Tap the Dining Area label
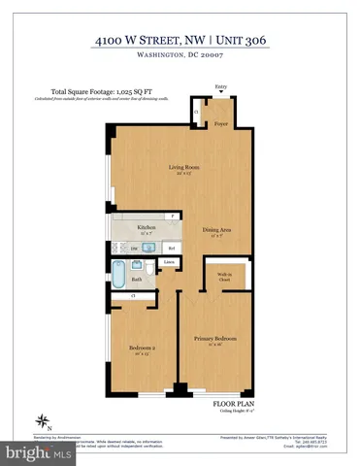click(216, 230)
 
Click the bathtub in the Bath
click(118, 276)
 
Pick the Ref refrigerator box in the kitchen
click(170, 248)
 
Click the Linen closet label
click(169, 263)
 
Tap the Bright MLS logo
click(38, 452)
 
